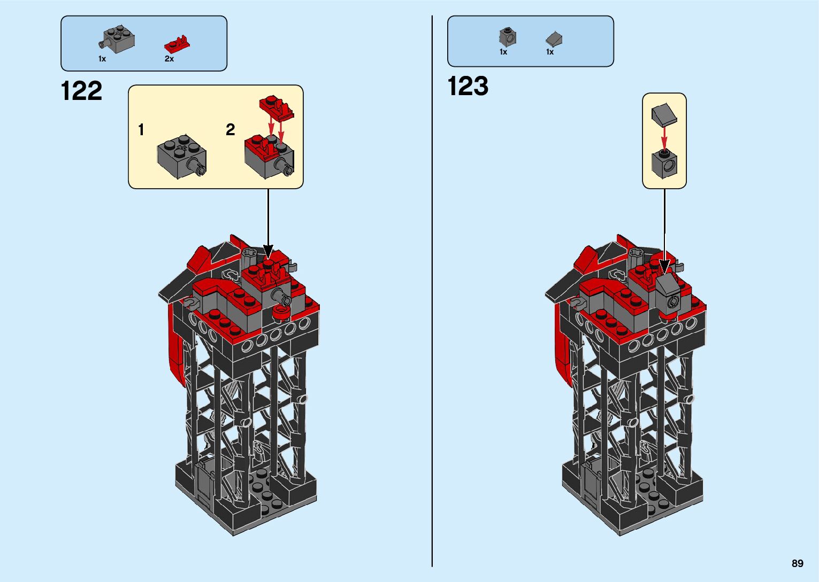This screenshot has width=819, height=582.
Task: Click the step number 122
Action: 81,91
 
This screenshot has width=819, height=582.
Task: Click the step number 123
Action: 468,86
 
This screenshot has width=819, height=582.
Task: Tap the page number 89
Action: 797,563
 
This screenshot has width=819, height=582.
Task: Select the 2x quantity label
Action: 169,59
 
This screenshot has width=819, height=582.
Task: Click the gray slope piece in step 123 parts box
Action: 554,38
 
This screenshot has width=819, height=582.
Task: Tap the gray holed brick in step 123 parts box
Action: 508,36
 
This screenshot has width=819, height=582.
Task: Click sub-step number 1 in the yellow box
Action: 141,130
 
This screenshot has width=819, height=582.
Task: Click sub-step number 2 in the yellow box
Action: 230,130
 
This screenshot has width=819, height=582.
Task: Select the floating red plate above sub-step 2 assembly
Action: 276,107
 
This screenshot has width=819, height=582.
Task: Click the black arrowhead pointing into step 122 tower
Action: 268,252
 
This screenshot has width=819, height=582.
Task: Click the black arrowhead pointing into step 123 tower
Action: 664,266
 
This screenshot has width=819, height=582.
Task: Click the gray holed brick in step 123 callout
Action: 664,164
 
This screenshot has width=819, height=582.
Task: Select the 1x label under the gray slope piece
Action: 550,52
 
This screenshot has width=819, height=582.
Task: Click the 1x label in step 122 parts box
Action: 102,59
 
